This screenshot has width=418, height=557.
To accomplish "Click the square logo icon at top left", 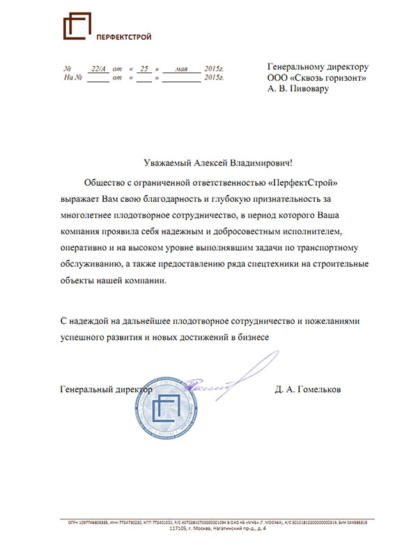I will (x=77, y=28).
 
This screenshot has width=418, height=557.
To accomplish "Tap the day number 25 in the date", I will (x=145, y=69).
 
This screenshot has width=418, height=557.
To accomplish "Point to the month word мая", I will (x=183, y=69).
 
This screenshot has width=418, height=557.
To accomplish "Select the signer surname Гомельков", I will (x=318, y=389).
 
